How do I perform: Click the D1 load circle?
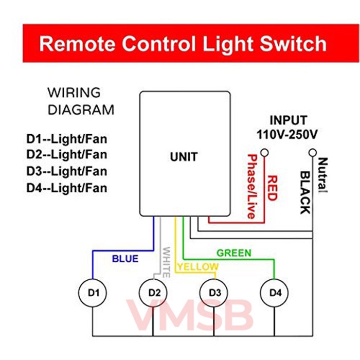point(93,293)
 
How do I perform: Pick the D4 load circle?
point(275,293)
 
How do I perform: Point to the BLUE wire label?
point(125,259)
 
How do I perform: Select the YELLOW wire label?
point(197,267)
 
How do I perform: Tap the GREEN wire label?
point(233,253)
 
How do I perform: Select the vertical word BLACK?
point(304,192)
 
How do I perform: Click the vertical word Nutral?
point(322,175)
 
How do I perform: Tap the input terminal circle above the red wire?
point(265,153)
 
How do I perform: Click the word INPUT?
point(289,121)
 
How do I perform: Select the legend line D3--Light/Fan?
point(67,171)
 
